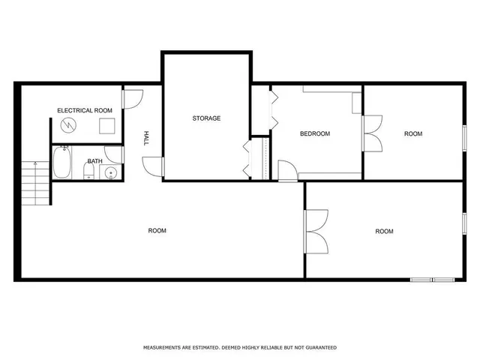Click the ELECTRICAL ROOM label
point(85,110)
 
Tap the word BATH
point(94,161)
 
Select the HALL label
point(147,138)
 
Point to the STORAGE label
point(206,118)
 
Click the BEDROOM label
point(315,134)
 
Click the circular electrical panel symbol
point(70,124)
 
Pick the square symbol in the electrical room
point(106,124)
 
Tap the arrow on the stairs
point(35,166)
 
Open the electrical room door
point(132,97)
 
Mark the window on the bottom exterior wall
point(433,279)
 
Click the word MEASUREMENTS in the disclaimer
point(167,348)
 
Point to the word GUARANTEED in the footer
point(318,348)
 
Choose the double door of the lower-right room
point(316,232)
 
